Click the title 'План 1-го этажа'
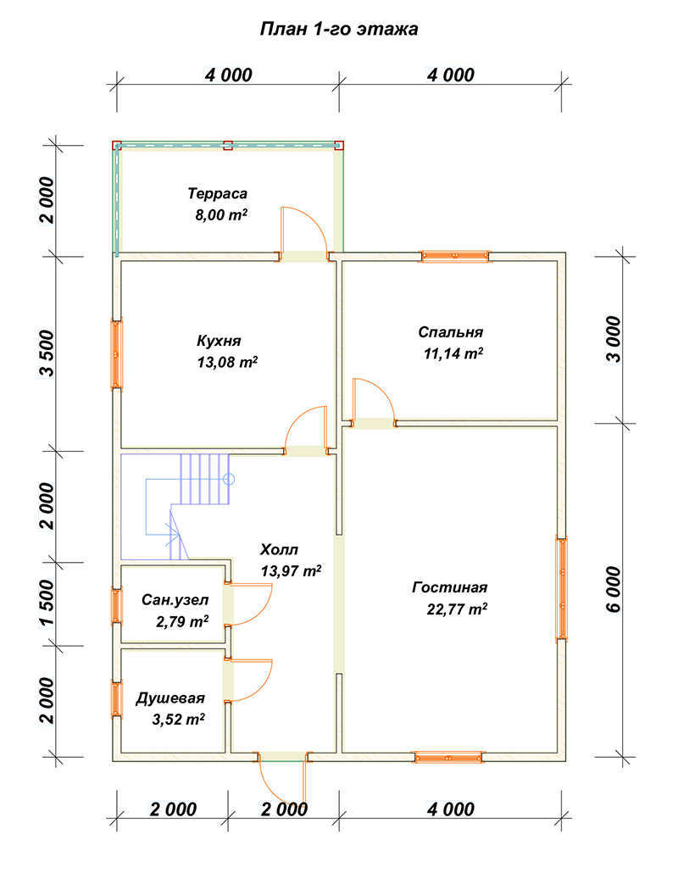click(x=339, y=29)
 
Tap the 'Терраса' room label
click(x=217, y=194)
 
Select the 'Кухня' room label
click(x=219, y=341)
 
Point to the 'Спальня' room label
click(x=450, y=332)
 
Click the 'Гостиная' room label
click(x=450, y=587)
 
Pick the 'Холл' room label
click(x=280, y=550)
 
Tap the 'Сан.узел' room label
click(x=175, y=599)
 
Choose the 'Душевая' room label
click(x=170, y=698)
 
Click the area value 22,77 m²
click(x=457, y=609)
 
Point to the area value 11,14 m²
click(x=453, y=353)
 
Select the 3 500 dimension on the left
click(x=47, y=353)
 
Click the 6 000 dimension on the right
click(x=613, y=590)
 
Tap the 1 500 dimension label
click(x=47, y=603)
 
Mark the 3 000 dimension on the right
click(x=613, y=339)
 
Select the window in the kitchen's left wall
click(x=116, y=354)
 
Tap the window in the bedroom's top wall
click(x=455, y=256)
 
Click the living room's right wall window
click(x=562, y=588)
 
